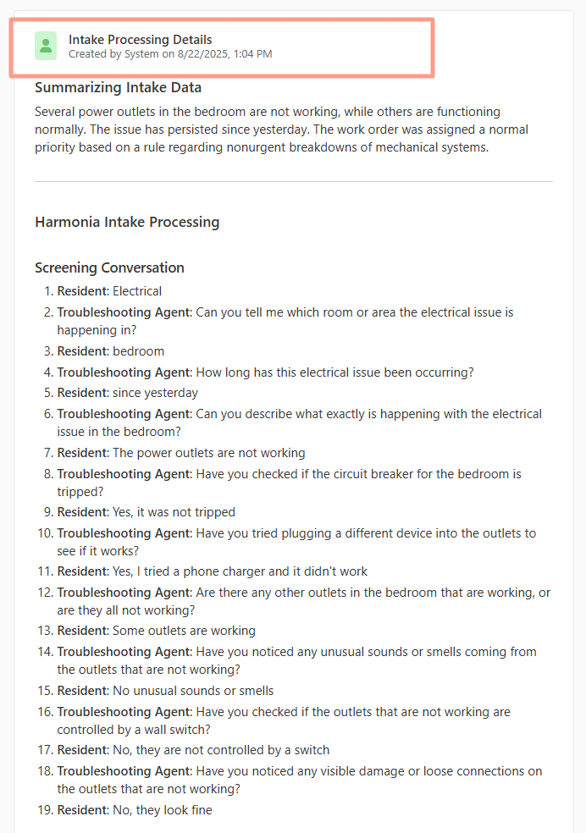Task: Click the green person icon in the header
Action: click(46, 46)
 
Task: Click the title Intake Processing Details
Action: click(140, 40)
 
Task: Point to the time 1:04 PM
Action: click(252, 54)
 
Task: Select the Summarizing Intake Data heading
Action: click(118, 87)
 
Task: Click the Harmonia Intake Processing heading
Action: click(127, 222)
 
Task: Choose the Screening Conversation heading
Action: click(109, 268)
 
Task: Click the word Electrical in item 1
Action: click(136, 291)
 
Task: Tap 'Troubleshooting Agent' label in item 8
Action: click(124, 474)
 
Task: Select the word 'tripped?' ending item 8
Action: click(81, 491)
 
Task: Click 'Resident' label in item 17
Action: click(82, 750)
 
